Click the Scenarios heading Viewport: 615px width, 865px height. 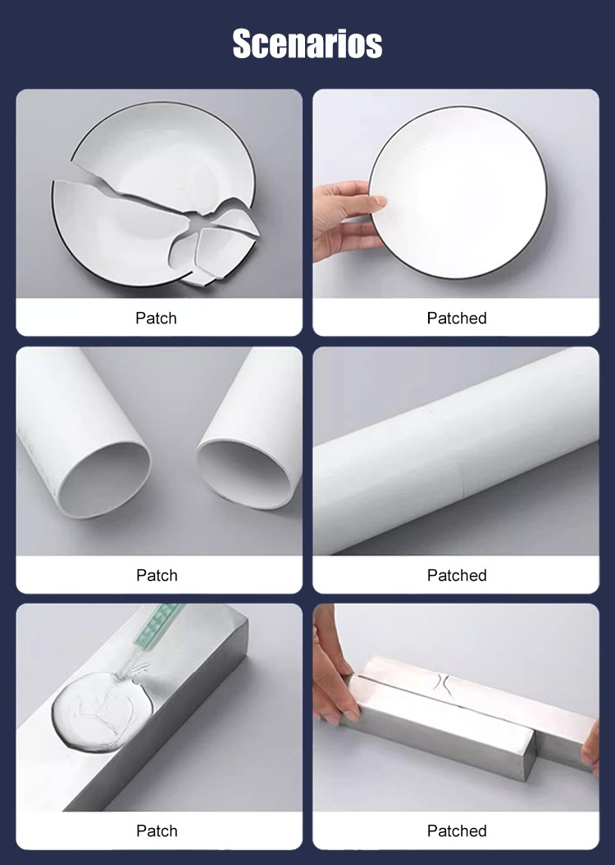pyautogui.click(x=307, y=43)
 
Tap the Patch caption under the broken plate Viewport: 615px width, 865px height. pyautogui.click(x=157, y=319)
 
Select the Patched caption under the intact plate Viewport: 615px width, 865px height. pyautogui.click(x=457, y=319)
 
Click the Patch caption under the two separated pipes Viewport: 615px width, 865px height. pyautogui.click(x=157, y=575)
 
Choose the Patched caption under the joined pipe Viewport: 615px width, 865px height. pyautogui.click(x=457, y=575)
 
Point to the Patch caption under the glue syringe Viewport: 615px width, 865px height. pyautogui.click(x=157, y=831)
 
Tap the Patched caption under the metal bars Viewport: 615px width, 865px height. pyautogui.click(x=457, y=831)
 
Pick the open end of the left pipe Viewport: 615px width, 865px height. pyautogui.click(x=105, y=479)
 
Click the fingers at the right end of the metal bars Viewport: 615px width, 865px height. pyautogui.click(x=590, y=748)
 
